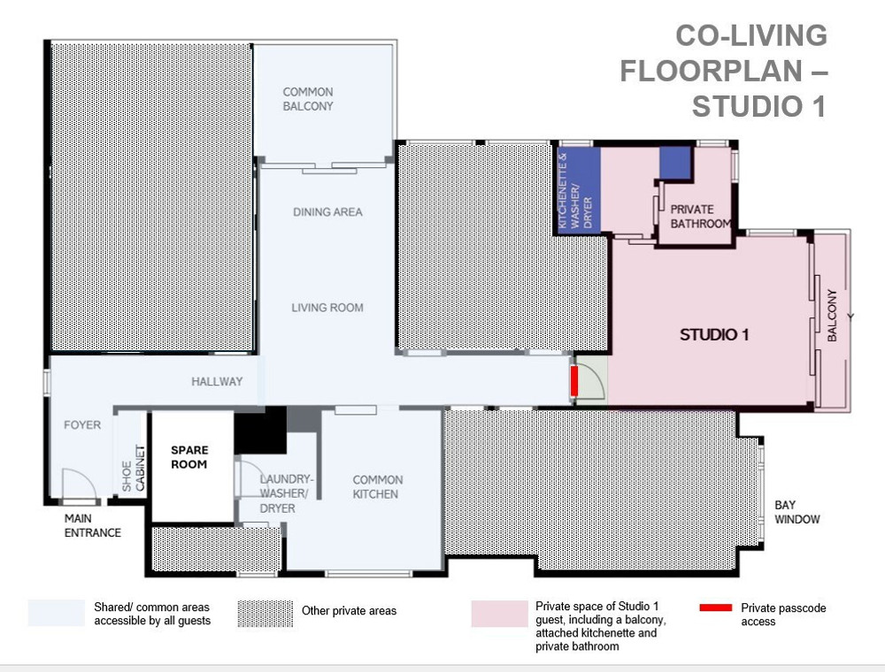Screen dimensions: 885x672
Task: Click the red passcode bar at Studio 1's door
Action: tap(574, 381)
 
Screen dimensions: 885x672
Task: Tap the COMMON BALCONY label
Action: tap(308, 99)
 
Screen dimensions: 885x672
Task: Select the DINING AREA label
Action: tap(327, 212)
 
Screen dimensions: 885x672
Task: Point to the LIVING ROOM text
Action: tap(327, 308)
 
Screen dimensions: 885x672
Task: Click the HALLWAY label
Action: tap(217, 382)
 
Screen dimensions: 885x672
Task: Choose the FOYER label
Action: tap(82, 425)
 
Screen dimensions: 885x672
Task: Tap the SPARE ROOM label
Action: tap(189, 457)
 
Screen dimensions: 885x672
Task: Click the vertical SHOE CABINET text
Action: tap(134, 469)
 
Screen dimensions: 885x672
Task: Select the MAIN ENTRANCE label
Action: tap(93, 525)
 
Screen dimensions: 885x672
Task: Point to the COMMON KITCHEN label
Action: tap(378, 487)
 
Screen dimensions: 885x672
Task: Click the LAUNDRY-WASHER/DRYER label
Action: tap(286, 494)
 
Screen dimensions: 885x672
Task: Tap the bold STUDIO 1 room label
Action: tap(714, 335)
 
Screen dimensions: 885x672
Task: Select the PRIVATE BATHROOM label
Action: tap(700, 217)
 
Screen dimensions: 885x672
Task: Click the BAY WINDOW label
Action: tap(797, 512)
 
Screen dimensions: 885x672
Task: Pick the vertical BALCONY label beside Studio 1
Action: tap(832, 315)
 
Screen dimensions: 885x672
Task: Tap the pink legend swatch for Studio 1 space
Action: tap(499, 614)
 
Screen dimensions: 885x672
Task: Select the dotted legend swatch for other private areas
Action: tap(265, 614)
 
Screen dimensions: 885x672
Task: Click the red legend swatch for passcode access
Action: tap(716, 607)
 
